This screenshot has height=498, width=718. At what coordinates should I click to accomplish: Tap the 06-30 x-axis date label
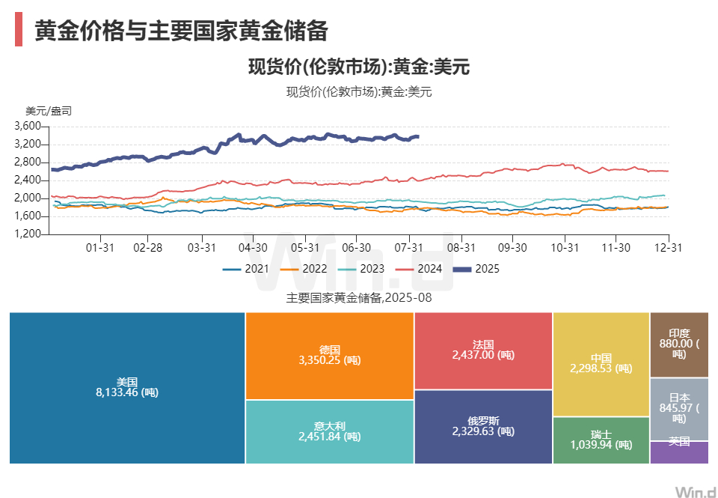356,247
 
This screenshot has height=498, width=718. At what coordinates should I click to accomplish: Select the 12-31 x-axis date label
667,247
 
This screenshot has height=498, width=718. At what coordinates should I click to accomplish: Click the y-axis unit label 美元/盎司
49,111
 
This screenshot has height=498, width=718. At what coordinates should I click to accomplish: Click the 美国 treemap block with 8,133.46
127,387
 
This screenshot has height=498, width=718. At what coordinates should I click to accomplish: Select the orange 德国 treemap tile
329,355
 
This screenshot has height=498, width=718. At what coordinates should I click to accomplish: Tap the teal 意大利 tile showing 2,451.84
329,431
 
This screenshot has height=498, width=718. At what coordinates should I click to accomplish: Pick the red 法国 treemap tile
483,350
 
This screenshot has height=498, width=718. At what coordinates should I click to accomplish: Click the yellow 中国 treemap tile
601,363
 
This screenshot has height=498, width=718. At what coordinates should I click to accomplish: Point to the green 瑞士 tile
601,440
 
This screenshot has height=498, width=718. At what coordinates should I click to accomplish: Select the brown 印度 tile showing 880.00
679,344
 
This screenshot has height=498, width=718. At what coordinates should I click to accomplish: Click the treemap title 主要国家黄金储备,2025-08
359,298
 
